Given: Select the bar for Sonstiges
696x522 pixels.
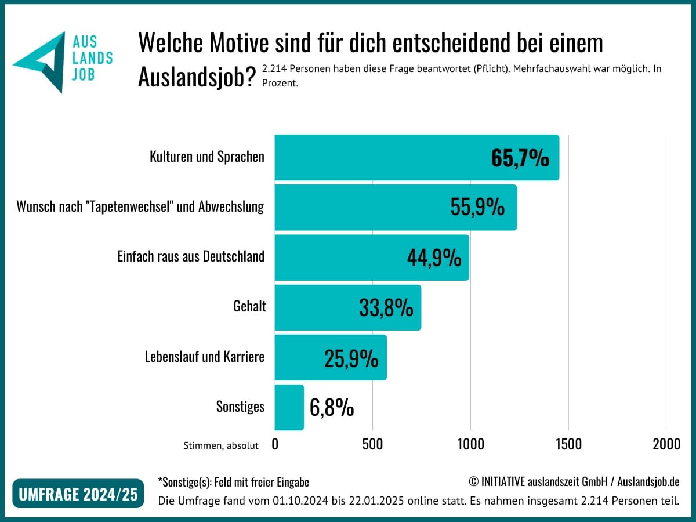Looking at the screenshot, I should click(x=289, y=407).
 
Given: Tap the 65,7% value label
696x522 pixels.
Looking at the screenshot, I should click(x=520, y=158).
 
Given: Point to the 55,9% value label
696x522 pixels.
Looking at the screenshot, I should click(x=477, y=207).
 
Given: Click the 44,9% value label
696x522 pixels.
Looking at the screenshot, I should click(x=434, y=257).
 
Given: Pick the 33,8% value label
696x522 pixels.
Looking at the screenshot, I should click(x=386, y=307).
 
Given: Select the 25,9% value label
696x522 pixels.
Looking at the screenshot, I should click(x=351, y=358).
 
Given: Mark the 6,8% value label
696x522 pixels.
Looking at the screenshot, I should click(x=332, y=408).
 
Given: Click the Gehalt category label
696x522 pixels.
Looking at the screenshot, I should click(x=249, y=306).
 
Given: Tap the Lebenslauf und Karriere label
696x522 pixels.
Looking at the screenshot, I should click(x=204, y=357).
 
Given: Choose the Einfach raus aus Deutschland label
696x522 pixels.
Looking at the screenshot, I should click(x=191, y=256).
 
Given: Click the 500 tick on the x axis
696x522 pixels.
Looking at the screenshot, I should click(x=372, y=444).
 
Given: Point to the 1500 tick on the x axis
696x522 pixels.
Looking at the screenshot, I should click(x=568, y=444).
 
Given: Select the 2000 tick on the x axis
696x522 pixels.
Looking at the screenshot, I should click(x=666, y=444).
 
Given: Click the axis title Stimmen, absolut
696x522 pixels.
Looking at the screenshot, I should click(x=221, y=445).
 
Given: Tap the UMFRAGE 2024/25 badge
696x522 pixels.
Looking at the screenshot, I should click(x=78, y=494).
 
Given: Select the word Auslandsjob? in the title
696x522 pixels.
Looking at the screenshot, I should click(x=197, y=77).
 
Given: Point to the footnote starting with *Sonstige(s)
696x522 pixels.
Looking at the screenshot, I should click(x=233, y=482).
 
